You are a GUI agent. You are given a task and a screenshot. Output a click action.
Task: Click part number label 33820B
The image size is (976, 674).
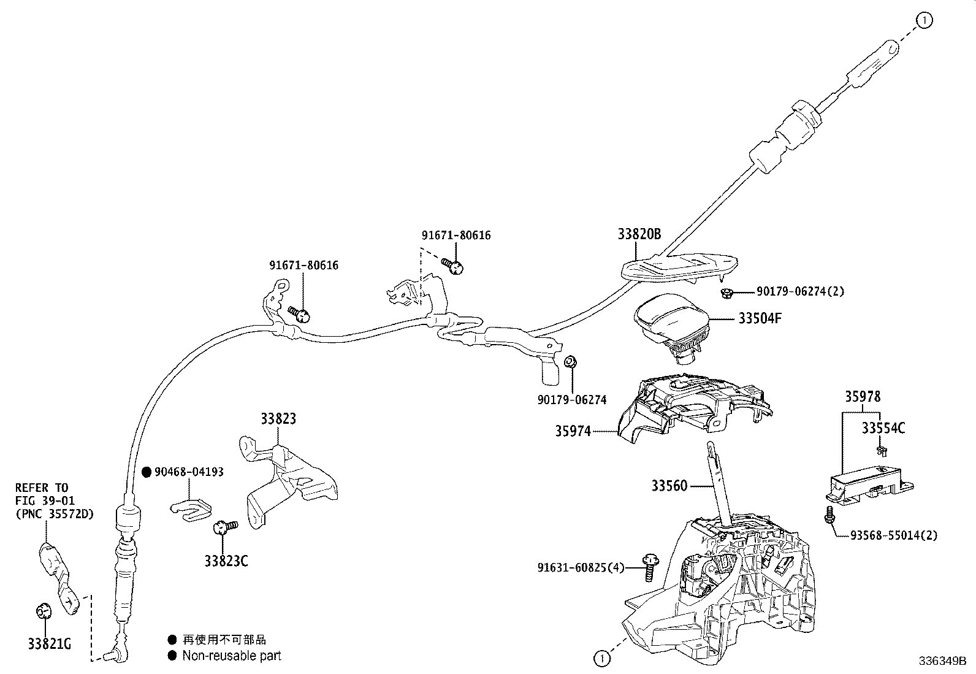pyautogui.click(x=639, y=234)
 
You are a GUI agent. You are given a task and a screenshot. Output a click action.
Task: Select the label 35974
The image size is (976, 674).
pyautogui.click(x=573, y=431)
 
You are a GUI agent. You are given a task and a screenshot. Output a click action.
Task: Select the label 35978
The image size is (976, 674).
pyautogui.click(x=863, y=396)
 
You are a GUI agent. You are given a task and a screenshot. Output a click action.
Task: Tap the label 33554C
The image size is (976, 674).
pyautogui.click(x=883, y=428)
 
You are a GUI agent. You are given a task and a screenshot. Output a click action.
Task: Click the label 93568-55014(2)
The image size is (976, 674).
pyautogui.click(x=894, y=535)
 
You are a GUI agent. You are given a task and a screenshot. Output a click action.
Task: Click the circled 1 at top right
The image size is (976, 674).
pyautogui.click(x=925, y=20)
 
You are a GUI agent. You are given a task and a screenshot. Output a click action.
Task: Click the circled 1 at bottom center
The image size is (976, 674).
pyautogui.click(x=602, y=659)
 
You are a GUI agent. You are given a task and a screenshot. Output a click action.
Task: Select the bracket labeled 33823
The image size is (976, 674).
pyautogui.click(x=288, y=484)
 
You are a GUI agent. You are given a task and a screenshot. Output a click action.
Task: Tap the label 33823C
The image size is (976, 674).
pyautogui.click(x=226, y=561)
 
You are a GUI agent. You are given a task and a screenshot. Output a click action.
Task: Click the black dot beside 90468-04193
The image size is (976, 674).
pyautogui.click(x=147, y=472)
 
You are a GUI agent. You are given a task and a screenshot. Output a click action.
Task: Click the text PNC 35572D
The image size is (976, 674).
pyautogui.click(x=54, y=514)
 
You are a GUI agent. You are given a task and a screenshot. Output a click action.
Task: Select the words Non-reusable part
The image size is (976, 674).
pyautogui.click(x=231, y=656)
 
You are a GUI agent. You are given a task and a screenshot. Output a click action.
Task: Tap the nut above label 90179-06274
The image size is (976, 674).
pyautogui.click(x=569, y=361)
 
